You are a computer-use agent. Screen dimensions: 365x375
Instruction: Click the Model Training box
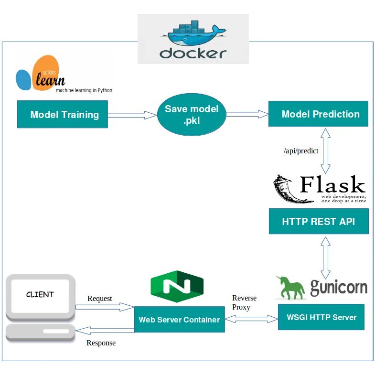pos(63,115)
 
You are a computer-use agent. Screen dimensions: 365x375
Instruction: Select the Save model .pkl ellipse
pos(191,115)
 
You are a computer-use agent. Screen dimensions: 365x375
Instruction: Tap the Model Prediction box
pos(318,114)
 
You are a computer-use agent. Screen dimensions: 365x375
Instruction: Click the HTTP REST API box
pos(319,222)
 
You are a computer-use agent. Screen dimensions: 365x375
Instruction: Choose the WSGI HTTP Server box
pos(321,317)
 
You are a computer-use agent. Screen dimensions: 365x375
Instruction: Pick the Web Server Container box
pos(179,320)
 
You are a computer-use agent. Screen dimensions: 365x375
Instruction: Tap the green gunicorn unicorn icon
pos(290,287)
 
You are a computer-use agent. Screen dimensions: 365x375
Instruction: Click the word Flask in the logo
pos(332,185)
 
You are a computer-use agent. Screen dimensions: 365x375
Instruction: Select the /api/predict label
pos(301,151)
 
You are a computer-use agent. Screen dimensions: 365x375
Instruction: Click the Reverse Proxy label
pos(244,302)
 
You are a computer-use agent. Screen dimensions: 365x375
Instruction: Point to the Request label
pos(99,299)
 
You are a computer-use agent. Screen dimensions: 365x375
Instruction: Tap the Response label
pos(101,343)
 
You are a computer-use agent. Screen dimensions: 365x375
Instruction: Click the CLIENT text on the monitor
pos(40,294)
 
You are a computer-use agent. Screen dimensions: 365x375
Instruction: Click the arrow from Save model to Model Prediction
pos(247,114)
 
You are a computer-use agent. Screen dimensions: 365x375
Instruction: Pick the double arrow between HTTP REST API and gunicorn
pos(325,258)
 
